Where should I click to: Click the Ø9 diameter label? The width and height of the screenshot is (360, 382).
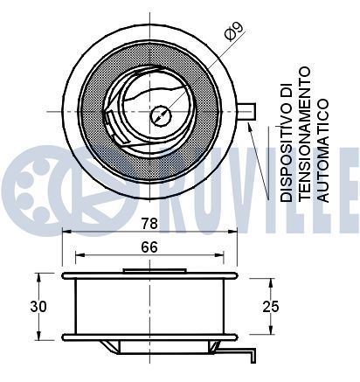[234, 31]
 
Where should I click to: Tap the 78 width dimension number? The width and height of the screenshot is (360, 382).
[149, 224]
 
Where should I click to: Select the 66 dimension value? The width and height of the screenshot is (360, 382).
[149, 247]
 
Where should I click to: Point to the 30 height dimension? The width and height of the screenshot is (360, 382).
[38, 307]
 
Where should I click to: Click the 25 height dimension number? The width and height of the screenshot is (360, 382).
[271, 307]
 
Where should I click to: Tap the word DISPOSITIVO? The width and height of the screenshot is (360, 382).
[287, 142]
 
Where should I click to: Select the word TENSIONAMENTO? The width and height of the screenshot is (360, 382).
[305, 134]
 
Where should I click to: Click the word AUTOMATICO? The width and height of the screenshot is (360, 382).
[323, 150]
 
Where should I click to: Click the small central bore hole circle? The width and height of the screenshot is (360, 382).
[161, 115]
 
